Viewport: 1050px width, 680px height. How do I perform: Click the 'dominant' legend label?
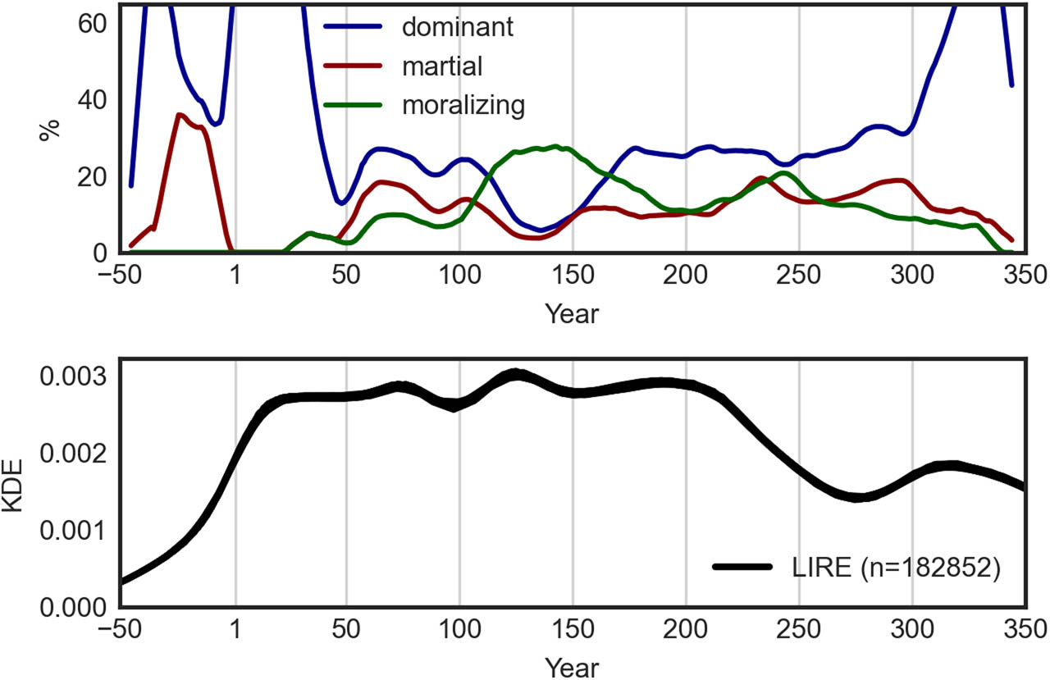[x=457, y=27]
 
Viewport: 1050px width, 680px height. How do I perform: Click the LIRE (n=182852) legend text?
[x=895, y=567]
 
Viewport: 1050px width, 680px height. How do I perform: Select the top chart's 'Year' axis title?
[x=572, y=313]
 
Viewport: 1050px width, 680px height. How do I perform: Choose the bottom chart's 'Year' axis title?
[x=572, y=667]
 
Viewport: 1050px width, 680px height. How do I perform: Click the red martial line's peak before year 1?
[x=180, y=115]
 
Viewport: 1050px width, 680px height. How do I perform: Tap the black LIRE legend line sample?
[x=742, y=567]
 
